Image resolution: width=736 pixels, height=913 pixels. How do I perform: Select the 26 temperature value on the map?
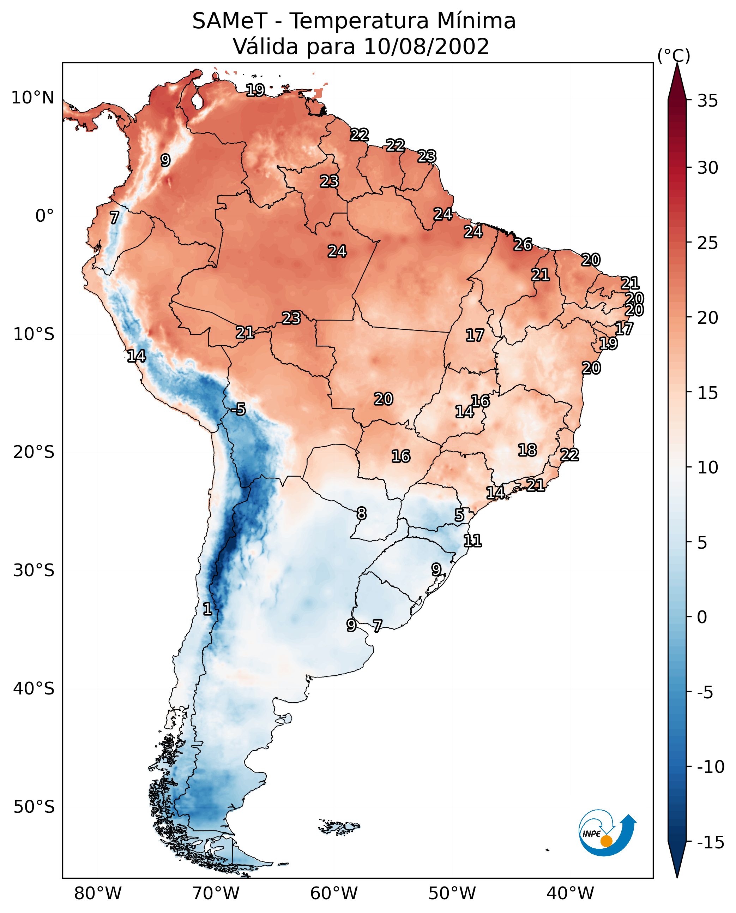pyautogui.click(x=523, y=244)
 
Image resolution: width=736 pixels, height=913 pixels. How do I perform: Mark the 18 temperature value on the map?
pyautogui.click(x=527, y=450)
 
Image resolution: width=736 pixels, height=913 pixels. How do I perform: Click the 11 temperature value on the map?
pyautogui.click(x=473, y=541)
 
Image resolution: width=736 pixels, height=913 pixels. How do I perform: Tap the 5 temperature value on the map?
pyautogui.click(x=459, y=515)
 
